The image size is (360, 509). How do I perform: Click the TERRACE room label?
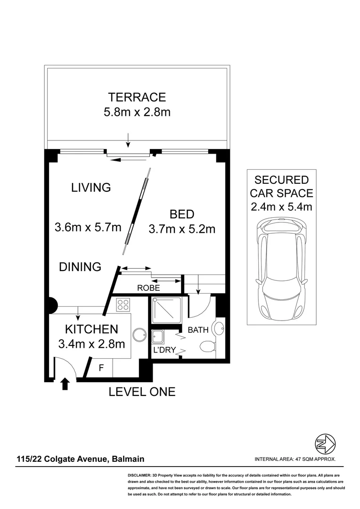tap(137, 97)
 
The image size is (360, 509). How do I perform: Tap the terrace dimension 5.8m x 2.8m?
tap(137, 112)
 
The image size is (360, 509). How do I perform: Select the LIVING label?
tap(91, 187)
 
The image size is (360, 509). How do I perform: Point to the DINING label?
tap(80, 267)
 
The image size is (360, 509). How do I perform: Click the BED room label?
tap(182, 214)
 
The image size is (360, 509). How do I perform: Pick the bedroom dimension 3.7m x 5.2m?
tap(182, 229)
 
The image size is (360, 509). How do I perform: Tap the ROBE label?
tap(148, 288)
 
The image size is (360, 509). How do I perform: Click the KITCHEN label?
tap(91, 329)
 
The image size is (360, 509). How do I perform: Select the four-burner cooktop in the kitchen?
tap(123, 305)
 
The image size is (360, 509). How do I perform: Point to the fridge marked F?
tap(101, 368)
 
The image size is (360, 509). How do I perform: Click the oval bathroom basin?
tap(218, 329)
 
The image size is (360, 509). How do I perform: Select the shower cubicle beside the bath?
tap(166, 310)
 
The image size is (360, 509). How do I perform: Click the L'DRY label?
tap(164, 350)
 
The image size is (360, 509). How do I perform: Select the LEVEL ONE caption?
tap(142, 392)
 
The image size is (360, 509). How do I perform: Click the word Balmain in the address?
tap(128, 459)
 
